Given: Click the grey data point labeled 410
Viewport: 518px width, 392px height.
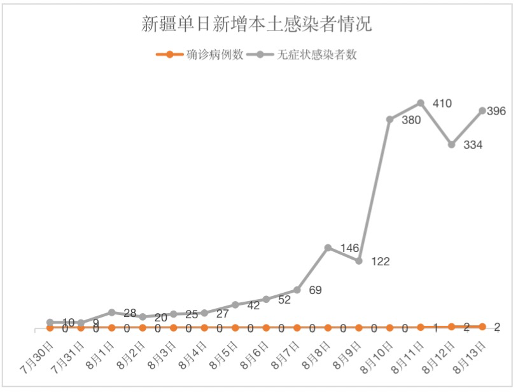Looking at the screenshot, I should pos(421,102).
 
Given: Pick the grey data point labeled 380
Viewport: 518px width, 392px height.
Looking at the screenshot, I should pos(390,119).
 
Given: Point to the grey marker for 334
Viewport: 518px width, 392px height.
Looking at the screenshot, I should pos(451,144).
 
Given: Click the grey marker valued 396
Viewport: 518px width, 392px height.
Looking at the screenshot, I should pos(482,111).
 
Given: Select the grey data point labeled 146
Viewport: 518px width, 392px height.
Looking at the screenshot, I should pos(328,248).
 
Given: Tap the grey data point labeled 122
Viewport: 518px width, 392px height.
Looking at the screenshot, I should pos(359,261).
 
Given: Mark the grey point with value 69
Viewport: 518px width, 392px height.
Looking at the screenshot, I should pos(297,290).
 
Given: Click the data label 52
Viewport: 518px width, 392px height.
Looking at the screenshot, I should pos(284,300).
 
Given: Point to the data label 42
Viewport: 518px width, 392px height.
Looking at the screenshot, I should pos(253,305).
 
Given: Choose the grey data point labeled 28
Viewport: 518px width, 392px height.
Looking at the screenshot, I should pos(111,312).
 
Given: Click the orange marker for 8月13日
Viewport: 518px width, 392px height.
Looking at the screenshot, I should pos(482,326).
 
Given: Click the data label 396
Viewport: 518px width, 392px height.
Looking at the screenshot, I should pos(496,111).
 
